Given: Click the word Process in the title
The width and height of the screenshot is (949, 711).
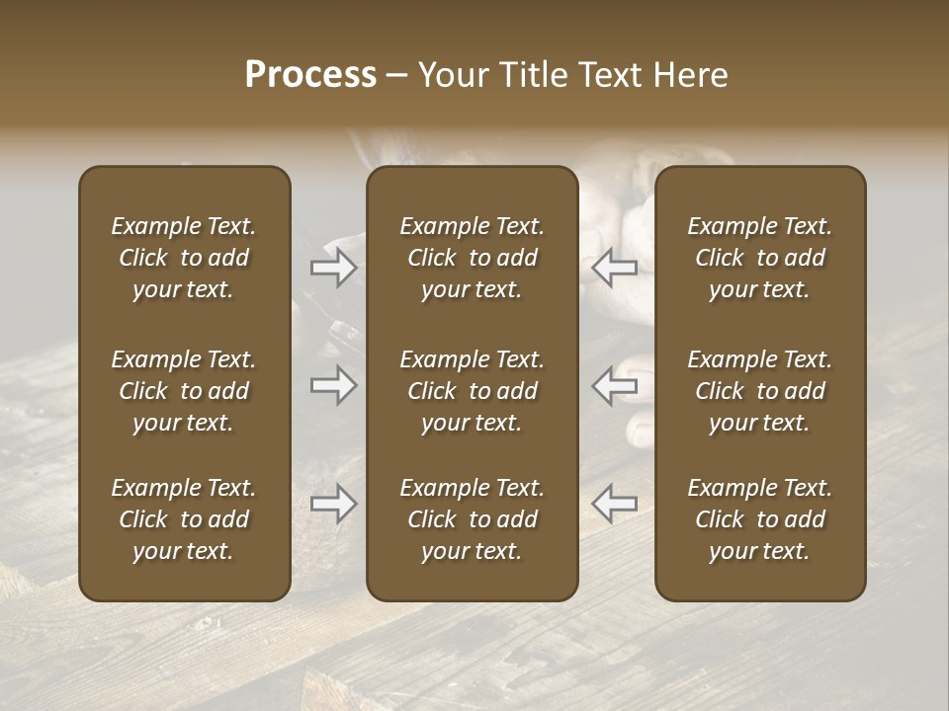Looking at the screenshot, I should [x=310, y=75].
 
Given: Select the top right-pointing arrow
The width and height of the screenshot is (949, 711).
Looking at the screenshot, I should [x=333, y=268].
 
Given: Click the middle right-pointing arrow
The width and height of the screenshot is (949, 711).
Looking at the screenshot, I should [x=333, y=385].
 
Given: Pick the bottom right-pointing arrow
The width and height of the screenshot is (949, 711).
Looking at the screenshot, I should [x=333, y=504].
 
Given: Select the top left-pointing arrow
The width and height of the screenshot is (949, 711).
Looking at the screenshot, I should [x=615, y=268].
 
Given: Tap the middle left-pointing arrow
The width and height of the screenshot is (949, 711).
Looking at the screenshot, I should [x=615, y=385].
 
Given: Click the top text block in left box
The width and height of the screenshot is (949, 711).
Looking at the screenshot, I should [x=184, y=258].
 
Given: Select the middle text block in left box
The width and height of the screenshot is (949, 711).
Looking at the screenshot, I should [x=184, y=391].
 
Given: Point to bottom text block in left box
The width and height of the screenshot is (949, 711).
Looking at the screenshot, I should [x=184, y=519].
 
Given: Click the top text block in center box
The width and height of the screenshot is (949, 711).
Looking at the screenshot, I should [x=472, y=258].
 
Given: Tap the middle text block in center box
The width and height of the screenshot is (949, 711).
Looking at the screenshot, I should [x=472, y=391].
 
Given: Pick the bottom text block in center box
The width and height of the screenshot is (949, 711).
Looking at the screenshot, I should [x=472, y=519].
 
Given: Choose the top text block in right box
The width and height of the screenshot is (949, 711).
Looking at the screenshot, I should [x=759, y=258].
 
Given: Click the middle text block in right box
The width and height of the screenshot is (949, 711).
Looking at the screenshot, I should [x=759, y=391].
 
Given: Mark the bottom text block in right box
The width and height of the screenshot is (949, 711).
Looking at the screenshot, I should [x=759, y=519].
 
